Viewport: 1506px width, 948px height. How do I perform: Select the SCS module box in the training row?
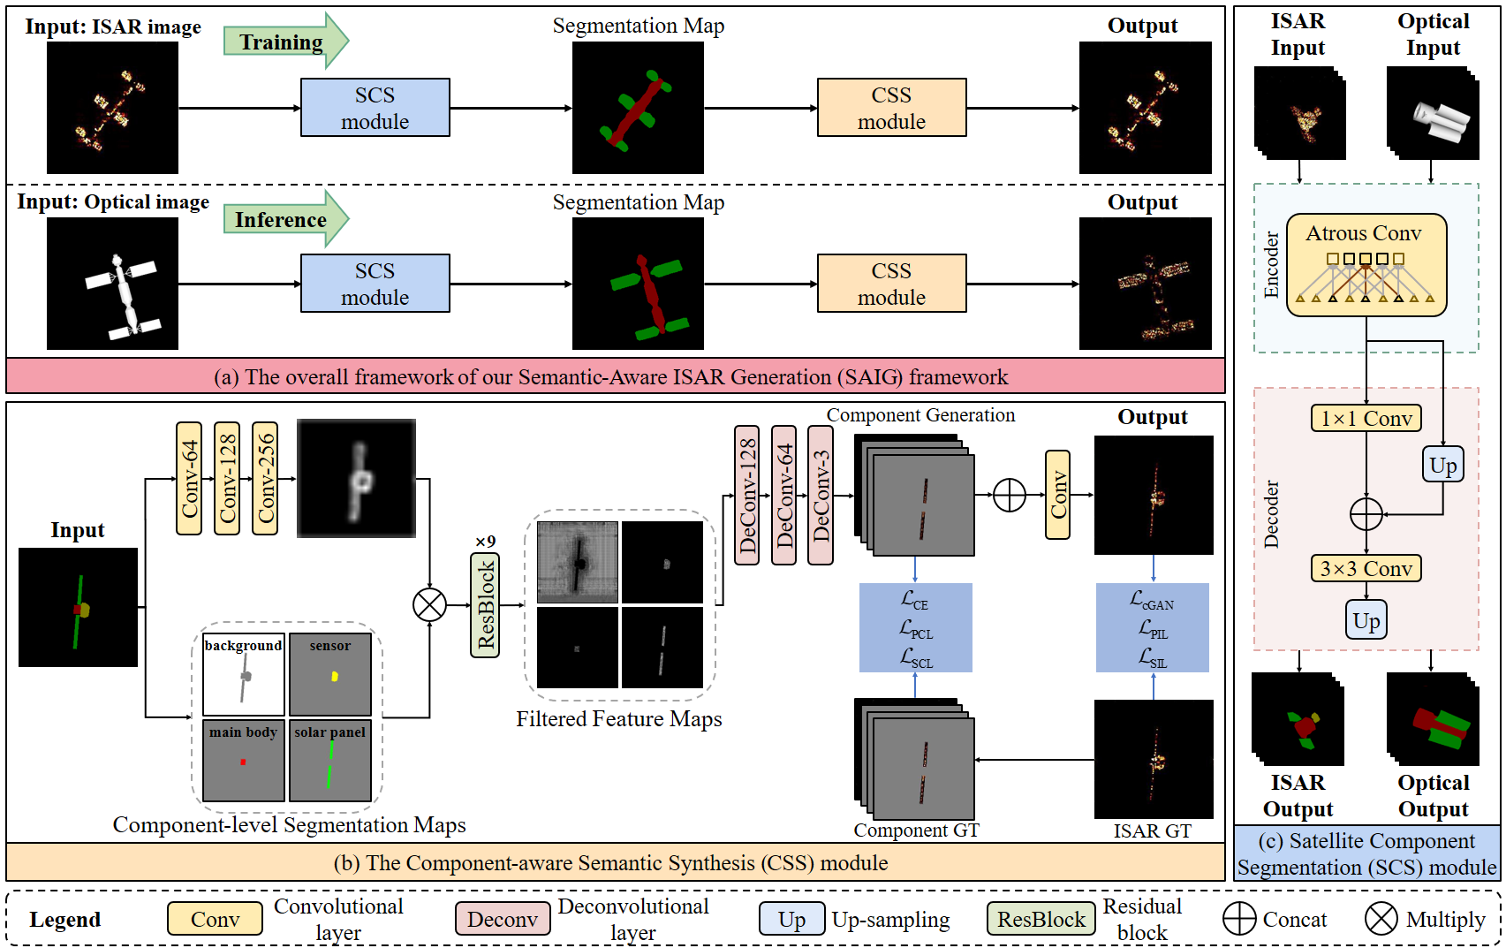pos(375,108)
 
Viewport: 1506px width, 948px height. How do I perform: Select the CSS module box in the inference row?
pos(891,284)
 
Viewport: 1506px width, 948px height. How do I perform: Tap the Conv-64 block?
pos(189,478)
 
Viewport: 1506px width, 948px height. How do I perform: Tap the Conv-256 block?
pos(265,478)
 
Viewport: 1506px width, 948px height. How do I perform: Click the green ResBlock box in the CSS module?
pos(485,605)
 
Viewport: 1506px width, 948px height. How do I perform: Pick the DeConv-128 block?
pos(746,495)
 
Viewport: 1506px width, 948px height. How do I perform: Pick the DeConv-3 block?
pos(821,495)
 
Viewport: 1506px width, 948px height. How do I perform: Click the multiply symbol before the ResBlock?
pos(430,605)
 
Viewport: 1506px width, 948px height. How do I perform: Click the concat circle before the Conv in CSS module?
pos(1010,495)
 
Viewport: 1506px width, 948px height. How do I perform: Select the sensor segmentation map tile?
pos(330,674)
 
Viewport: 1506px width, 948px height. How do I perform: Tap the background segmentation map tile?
pos(244,674)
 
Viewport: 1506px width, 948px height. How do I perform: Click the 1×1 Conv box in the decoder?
pos(1366,418)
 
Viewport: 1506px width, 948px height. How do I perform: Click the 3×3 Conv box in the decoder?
pos(1366,568)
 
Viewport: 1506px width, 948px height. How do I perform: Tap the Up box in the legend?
pos(791,919)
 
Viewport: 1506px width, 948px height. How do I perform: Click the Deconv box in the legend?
pos(502,919)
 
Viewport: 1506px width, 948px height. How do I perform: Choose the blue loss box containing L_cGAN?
pos(1152,628)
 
